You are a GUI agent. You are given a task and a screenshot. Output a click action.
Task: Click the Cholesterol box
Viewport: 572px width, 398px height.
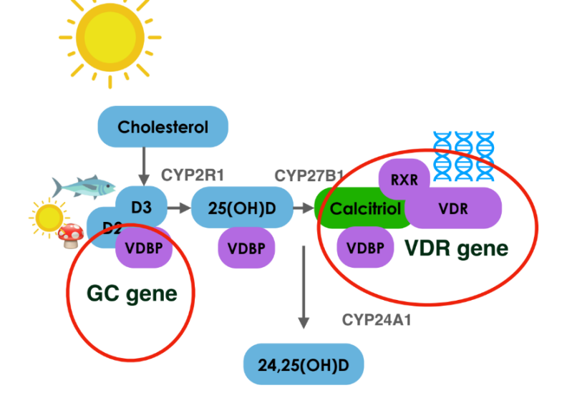click(163, 127)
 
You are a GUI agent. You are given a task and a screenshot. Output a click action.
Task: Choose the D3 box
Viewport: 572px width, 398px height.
click(140, 208)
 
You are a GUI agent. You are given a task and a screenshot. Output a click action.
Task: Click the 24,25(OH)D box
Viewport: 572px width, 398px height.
click(304, 364)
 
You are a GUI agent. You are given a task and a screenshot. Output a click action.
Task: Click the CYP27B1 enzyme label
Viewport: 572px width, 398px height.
click(309, 175)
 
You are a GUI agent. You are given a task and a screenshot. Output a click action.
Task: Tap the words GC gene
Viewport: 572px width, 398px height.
click(132, 293)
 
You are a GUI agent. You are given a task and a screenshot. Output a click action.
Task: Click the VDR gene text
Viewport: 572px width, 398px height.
click(456, 248)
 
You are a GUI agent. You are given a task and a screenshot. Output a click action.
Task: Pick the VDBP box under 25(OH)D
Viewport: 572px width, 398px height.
click(247, 248)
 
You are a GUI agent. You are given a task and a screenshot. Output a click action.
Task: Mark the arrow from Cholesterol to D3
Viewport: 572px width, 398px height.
click(145, 165)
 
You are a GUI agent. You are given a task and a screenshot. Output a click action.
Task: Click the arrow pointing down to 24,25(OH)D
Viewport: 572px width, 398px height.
click(304, 286)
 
